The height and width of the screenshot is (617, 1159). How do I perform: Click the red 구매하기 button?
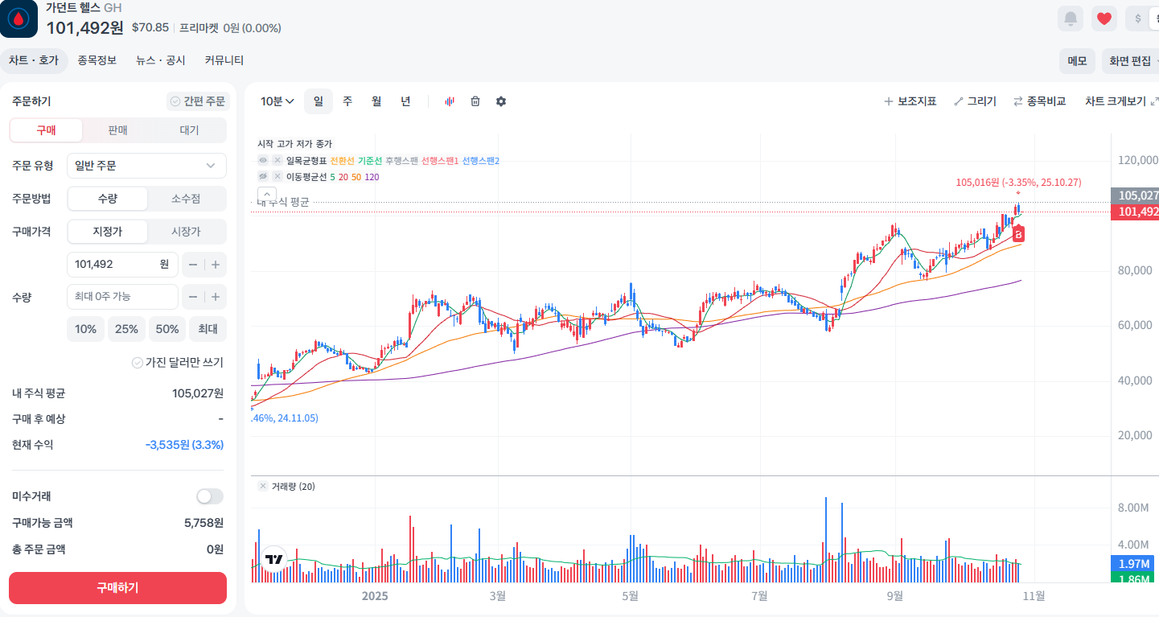point(117,587)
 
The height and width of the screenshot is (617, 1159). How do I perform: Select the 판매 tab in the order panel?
point(117,130)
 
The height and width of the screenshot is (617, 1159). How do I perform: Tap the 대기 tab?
point(189,130)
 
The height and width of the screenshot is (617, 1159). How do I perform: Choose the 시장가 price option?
point(186,232)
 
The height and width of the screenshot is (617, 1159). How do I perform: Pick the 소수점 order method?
point(186,198)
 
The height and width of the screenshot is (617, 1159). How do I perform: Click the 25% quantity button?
point(126,329)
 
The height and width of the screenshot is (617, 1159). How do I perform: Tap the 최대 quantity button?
point(208,329)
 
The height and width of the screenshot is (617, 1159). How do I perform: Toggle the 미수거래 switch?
point(210,496)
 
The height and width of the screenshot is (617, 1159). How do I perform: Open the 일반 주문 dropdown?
point(146,166)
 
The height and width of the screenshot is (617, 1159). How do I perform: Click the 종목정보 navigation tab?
point(97,60)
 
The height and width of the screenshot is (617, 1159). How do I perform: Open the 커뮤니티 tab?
point(224,60)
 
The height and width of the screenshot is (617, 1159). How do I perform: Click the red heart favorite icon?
point(1104,19)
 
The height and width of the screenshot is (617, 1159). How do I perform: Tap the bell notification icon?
point(1071,19)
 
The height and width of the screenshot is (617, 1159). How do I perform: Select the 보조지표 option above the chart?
point(910,101)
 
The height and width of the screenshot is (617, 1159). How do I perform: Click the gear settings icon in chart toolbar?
point(501,101)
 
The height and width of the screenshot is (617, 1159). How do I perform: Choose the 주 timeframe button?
point(347,101)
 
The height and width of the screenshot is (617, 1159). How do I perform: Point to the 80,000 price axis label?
point(1135,270)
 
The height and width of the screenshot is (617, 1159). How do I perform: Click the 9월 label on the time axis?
point(894,596)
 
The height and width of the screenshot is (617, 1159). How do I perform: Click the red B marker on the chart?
point(1018,234)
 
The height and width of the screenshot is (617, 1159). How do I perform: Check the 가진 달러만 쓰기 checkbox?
point(137,362)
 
